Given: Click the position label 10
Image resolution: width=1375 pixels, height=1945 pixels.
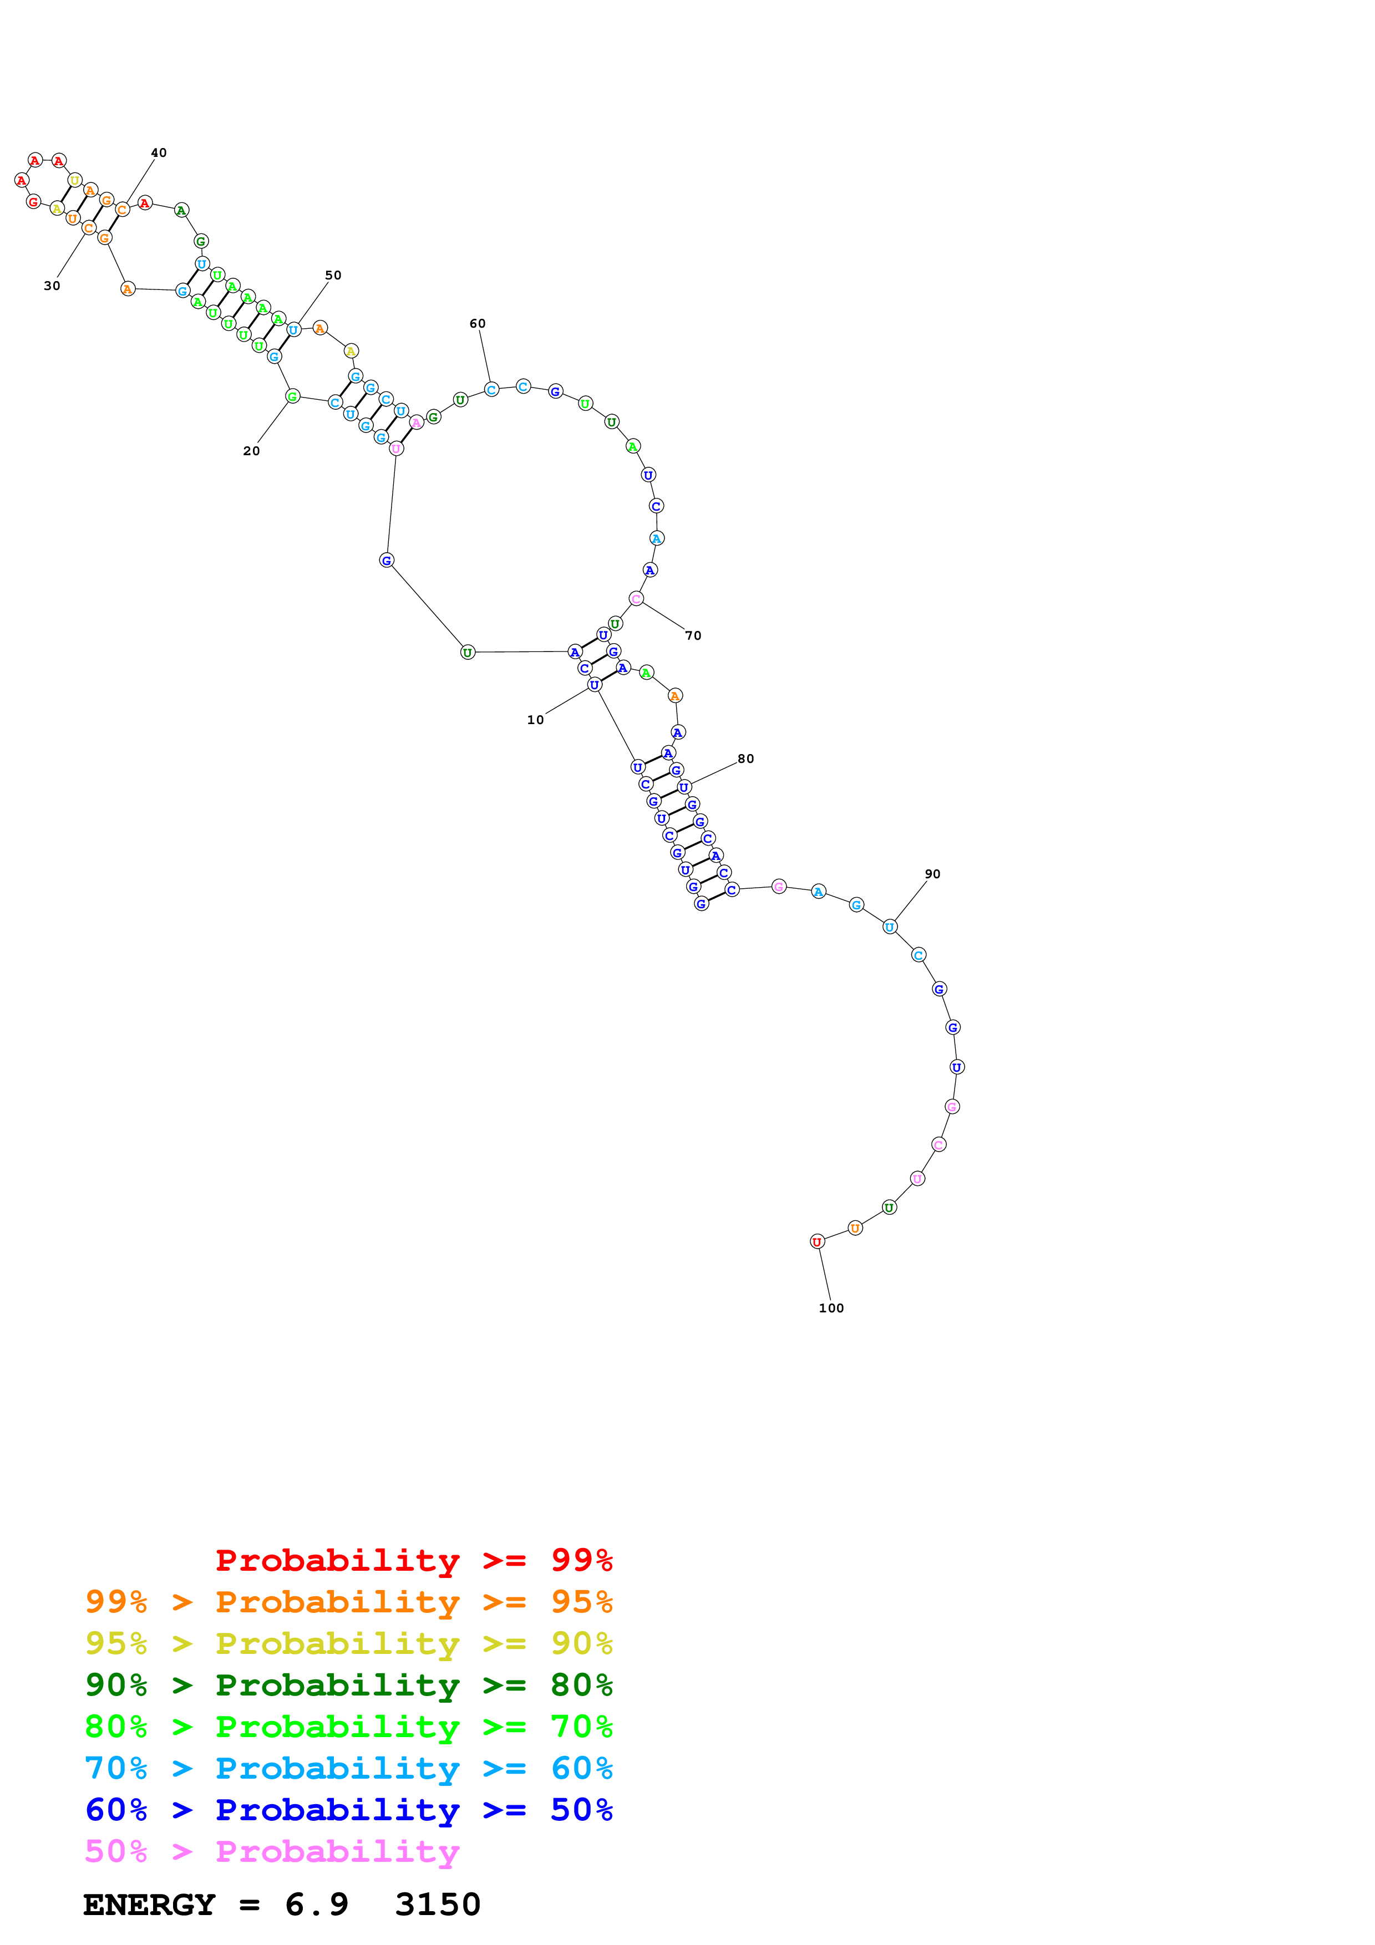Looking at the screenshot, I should (x=535, y=720).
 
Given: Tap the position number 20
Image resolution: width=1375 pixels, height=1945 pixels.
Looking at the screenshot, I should (x=252, y=451).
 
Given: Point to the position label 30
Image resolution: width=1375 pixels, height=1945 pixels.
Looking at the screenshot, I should (x=52, y=286).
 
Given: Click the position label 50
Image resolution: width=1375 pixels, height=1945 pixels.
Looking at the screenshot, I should (x=333, y=276).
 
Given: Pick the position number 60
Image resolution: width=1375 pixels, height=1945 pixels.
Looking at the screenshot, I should (x=478, y=324).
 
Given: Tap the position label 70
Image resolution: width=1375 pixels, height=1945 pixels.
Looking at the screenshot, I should (x=693, y=635).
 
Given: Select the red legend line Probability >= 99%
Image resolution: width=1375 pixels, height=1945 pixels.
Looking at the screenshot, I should (x=413, y=1560).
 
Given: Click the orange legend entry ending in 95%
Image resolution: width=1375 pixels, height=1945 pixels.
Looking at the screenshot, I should (x=348, y=1601).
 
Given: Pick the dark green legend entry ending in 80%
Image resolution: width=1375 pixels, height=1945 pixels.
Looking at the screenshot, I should (x=348, y=1685).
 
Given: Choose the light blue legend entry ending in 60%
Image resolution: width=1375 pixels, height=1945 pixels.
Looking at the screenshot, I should (x=348, y=1768).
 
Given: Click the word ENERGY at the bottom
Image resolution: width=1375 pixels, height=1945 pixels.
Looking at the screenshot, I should (x=149, y=1905).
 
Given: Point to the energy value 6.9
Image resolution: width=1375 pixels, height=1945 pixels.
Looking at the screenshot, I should (x=316, y=1905).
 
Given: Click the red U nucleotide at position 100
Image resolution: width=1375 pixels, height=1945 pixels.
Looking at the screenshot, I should (x=816, y=1242).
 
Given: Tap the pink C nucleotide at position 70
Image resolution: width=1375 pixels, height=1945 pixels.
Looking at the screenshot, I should (x=636, y=599).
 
